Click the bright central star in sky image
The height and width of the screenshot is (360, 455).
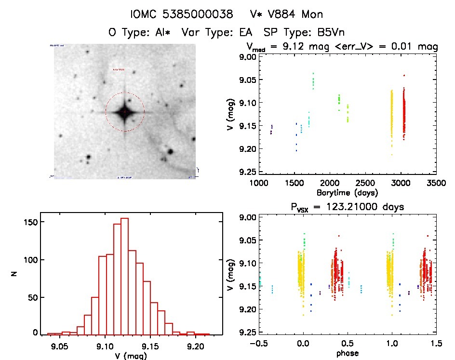125,112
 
